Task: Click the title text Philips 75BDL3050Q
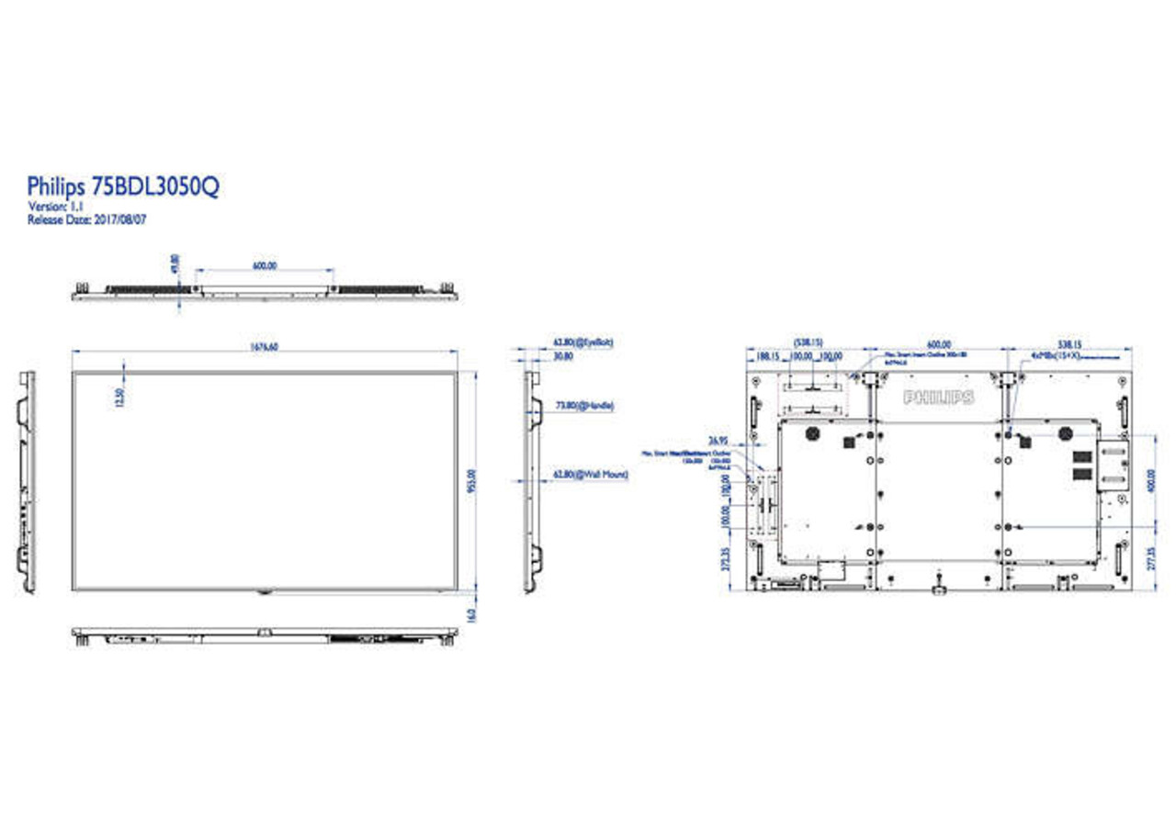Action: pos(123,187)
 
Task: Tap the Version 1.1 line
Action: pos(57,207)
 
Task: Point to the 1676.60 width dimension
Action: pos(265,346)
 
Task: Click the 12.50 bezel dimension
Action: pos(119,397)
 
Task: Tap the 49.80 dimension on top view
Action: pos(175,264)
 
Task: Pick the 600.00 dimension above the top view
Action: pos(265,265)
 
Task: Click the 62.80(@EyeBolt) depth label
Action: pos(582,342)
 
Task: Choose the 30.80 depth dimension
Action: pos(562,355)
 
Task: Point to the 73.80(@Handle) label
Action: pos(584,404)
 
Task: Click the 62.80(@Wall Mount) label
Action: pos(589,475)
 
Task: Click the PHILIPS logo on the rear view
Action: pos(938,398)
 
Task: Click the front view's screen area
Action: pos(265,481)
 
